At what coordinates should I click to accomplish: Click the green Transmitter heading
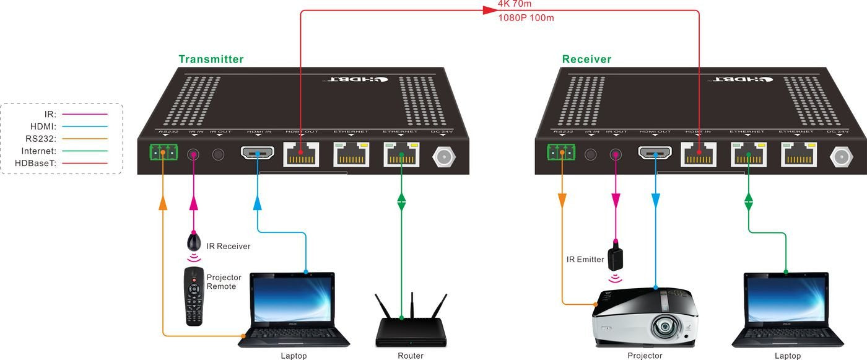(x=211, y=59)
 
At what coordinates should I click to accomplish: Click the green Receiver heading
(x=586, y=59)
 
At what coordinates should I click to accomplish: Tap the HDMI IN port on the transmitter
(x=258, y=153)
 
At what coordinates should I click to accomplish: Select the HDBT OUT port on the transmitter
(x=301, y=154)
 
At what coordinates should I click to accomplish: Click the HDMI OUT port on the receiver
(x=655, y=153)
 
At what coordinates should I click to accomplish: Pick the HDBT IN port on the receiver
(x=699, y=154)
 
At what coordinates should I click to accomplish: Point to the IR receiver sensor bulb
(x=194, y=242)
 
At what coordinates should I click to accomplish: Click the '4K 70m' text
(x=515, y=4)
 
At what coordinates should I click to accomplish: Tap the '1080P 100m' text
(x=526, y=18)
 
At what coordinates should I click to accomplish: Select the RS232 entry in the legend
(x=41, y=138)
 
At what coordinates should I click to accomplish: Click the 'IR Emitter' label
(x=585, y=260)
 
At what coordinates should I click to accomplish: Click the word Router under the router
(x=411, y=356)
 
